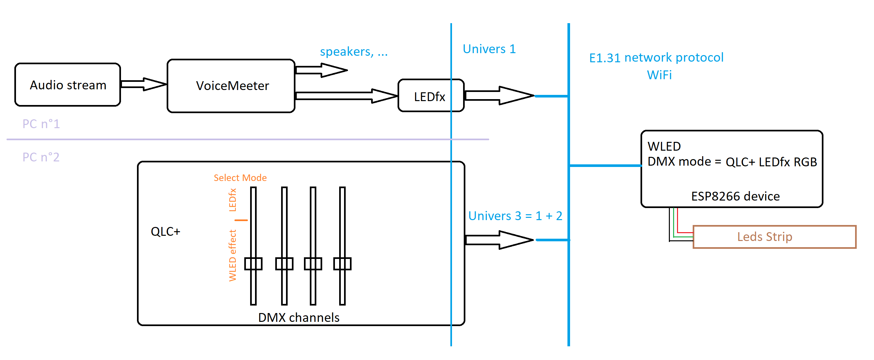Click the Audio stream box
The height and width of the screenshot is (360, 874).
[x=68, y=85]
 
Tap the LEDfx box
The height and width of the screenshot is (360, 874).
[x=429, y=97]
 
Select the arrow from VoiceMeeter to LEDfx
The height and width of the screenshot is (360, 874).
[x=346, y=96]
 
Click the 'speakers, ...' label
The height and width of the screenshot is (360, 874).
[x=354, y=52]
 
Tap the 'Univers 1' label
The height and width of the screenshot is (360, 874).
[x=489, y=49]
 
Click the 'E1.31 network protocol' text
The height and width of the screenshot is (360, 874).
[x=656, y=58]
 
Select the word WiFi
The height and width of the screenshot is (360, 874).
[x=659, y=75]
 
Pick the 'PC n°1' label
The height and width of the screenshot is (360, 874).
[x=41, y=124]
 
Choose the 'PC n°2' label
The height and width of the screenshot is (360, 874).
[x=41, y=157]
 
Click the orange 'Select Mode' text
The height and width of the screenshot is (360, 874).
[x=240, y=178]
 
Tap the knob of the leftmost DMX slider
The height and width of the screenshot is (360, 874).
[x=253, y=263]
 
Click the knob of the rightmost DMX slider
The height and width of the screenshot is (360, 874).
[x=342, y=263]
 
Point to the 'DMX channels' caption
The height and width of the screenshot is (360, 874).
[x=299, y=318]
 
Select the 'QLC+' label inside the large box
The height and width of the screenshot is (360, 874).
[x=166, y=232]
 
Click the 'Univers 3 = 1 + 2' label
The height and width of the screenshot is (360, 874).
[x=515, y=216]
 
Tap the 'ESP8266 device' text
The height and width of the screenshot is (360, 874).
[x=735, y=196]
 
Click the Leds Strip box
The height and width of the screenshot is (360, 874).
[x=774, y=237]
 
